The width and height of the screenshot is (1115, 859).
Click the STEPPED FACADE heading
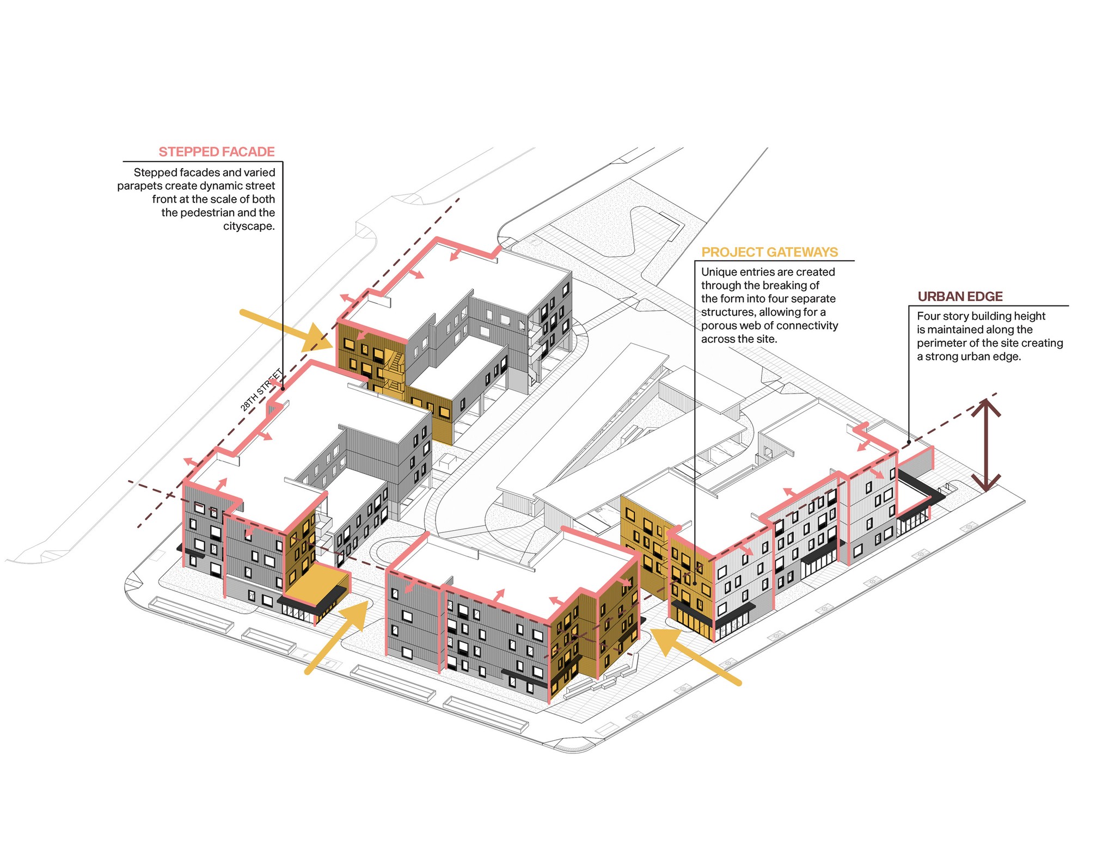pos(216,152)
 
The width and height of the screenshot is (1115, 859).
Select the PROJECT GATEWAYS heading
pos(769,252)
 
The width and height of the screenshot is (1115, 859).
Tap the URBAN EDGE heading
pos(960,297)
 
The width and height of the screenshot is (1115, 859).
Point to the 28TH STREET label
pos(261,390)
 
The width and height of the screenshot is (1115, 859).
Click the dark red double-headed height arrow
pos(986,445)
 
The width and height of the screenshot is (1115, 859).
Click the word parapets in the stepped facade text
pos(139,186)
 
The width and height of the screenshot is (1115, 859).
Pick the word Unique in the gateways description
pos(718,272)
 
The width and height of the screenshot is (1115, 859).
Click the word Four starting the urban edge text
pos(929,316)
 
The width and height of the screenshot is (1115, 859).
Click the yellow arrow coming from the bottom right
pos(695,656)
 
